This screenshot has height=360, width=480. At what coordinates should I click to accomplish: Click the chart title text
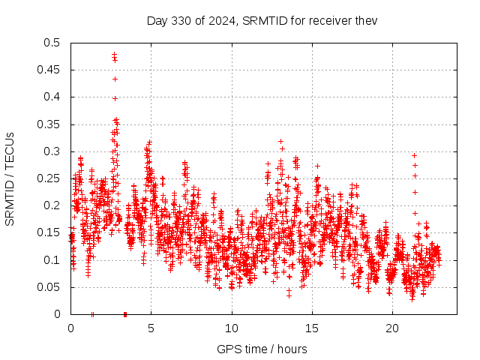click(262, 20)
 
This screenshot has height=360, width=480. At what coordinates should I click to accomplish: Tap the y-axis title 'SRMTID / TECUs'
click(10, 178)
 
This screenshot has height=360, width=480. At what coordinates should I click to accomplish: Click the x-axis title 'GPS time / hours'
click(262, 349)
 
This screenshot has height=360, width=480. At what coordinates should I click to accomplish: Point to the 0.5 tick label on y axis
click(52, 43)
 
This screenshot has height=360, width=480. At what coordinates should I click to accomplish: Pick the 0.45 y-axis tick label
click(49, 70)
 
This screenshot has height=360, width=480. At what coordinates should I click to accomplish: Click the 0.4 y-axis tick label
click(52, 97)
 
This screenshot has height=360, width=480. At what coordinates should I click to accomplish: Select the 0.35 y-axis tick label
click(49, 124)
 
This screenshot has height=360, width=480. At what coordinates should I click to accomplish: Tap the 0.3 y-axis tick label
click(52, 151)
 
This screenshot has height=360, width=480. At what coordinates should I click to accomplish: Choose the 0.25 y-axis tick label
click(49, 178)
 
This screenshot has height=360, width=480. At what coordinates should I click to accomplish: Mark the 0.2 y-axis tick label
click(52, 205)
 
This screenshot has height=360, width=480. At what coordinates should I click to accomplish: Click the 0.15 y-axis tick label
click(49, 232)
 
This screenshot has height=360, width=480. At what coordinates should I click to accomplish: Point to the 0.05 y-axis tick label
click(49, 287)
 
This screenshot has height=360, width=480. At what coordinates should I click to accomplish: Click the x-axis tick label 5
click(151, 328)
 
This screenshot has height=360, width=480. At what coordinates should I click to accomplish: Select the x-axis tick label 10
click(232, 328)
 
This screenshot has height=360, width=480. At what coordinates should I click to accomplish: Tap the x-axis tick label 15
click(312, 328)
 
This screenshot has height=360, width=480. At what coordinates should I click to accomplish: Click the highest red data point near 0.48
click(114, 54)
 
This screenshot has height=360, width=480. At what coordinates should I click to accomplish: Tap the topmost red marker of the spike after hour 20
click(414, 155)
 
